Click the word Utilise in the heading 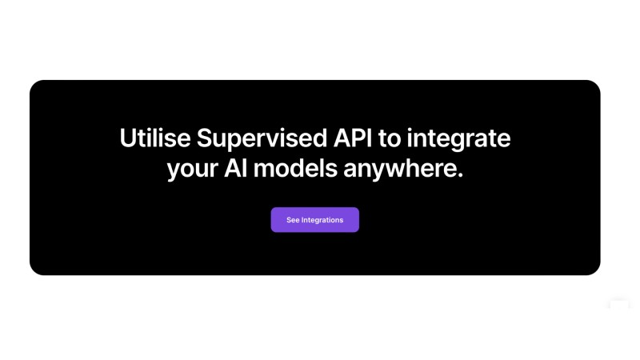coord(154,138)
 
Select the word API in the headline coord(353,138)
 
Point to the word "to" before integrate coord(390,138)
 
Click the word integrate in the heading coord(458,139)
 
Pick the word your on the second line coord(192,170)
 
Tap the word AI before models coord(235,168)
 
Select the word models coord(295,168)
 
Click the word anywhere coord(399,170)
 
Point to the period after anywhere coord(460,175)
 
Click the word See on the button coord(293,220)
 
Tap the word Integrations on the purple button coord(322,221)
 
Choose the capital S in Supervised coord(205,138)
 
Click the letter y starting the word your coord(174,171)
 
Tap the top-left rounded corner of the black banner coord(34,85)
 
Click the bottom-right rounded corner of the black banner coord(596,270)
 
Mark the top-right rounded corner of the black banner coord(596,85)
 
